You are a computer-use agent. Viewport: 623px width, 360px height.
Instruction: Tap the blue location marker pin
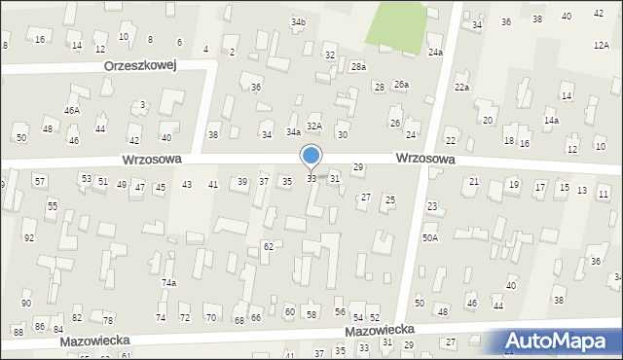tap(311, 156)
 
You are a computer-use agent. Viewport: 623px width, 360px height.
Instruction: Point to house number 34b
tap(298, 21)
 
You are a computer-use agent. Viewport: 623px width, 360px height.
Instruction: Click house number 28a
tap(358, 66)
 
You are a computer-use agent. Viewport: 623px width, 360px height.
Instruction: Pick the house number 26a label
tap(401, 85)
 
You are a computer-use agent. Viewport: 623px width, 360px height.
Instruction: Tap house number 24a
tap(435, 53)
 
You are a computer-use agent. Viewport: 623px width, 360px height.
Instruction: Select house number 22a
tap(461, 88)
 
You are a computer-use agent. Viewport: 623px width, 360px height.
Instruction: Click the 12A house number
tap(601, 45)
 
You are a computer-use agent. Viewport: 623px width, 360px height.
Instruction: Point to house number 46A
tap(72, 111)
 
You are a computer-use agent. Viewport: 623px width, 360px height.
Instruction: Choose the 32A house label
tap(314, 126)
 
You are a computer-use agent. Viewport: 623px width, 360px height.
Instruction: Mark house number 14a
tap(551, 120)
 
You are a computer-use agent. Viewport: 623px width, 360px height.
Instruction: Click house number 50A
tap(429, 237)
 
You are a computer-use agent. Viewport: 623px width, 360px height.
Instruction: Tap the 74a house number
tap(168, 283)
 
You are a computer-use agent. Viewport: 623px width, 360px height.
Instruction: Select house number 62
tap(268, 247)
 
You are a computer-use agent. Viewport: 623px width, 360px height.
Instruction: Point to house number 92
tap(29, 238)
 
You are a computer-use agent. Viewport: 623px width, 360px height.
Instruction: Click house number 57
tap(40, 181)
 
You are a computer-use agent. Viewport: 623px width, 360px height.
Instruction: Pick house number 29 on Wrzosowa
tap(358, 167)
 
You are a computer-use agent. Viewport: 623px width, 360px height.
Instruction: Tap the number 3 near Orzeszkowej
tap(143, 104)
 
